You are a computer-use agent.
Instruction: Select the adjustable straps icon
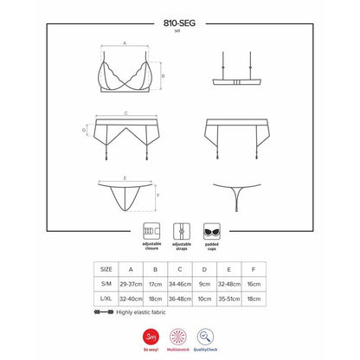[x=180, y=231]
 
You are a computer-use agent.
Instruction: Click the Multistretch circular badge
[x=179, y=333]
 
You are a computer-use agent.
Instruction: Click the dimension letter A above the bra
[x=125, y=42]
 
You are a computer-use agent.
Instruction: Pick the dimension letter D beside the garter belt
[x=84, y=131]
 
